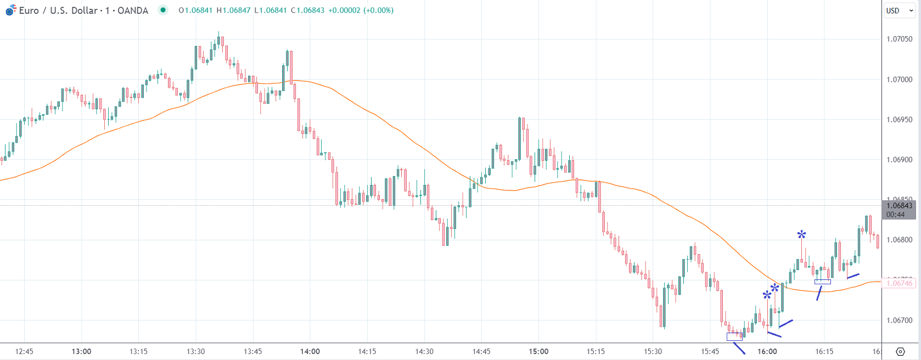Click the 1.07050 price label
coord(899,39)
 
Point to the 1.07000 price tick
coord(899,80)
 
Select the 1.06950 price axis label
coord(899,120)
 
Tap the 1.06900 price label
coord(899,160)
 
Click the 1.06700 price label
coord(899,320)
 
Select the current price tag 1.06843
coord(899,206)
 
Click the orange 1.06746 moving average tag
coord(899,283)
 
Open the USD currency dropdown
coord(898,10)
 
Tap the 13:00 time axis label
coord(81,351)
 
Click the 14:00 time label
coord(310,351)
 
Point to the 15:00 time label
coord(538,351)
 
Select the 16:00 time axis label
coord(767,351)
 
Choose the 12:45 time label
coord(24,351)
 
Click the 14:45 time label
coord(481,351)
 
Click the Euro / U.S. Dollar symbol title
coord(82,10)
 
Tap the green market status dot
coord(162,10)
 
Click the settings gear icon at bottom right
coord(900,351)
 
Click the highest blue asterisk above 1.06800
coord(801,235)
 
